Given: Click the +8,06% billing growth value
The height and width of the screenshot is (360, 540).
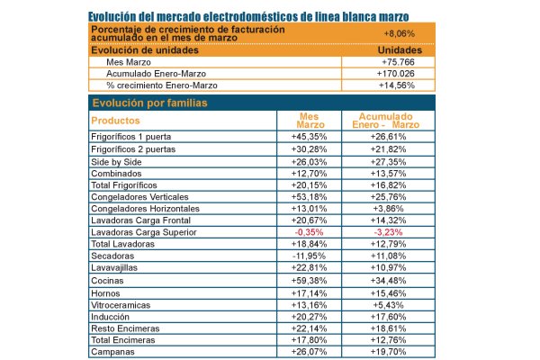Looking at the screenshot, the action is [399, 34].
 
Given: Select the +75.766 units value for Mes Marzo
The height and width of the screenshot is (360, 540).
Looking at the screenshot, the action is [398, 62].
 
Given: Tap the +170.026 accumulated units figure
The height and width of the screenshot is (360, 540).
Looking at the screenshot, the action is [396, 74].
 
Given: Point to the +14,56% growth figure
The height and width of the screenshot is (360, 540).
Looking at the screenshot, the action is [397, 85].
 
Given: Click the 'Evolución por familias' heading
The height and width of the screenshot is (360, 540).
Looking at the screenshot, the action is [149, 103].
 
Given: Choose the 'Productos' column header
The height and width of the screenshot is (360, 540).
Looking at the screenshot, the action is [115, 121].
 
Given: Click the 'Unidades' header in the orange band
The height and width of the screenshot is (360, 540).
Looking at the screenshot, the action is [400, 50].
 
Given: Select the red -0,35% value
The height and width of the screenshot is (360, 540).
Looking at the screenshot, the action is [309, 232].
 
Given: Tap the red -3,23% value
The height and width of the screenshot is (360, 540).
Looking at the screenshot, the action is [388, 232].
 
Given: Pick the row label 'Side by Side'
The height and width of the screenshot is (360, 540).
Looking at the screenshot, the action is [116, 162].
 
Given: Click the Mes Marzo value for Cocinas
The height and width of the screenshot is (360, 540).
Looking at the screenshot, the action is [309, 281].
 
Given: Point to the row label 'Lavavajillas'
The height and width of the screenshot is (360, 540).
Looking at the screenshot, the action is [114, 267].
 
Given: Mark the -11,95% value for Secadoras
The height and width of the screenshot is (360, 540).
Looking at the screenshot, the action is [309, 256].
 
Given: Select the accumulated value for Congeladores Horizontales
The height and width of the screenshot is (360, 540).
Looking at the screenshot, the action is [388, 209].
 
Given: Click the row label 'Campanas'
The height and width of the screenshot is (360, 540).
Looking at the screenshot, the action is [113, 352].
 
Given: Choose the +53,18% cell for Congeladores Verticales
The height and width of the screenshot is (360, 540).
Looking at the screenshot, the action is [309, 197].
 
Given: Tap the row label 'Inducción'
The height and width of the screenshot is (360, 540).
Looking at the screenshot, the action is [110, 317].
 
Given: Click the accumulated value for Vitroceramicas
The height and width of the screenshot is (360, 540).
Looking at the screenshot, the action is [388, 305].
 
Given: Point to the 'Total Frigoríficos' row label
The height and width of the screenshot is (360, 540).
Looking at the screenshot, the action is [124, 185].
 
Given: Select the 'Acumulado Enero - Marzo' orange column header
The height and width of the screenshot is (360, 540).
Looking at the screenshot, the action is [386, 121].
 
